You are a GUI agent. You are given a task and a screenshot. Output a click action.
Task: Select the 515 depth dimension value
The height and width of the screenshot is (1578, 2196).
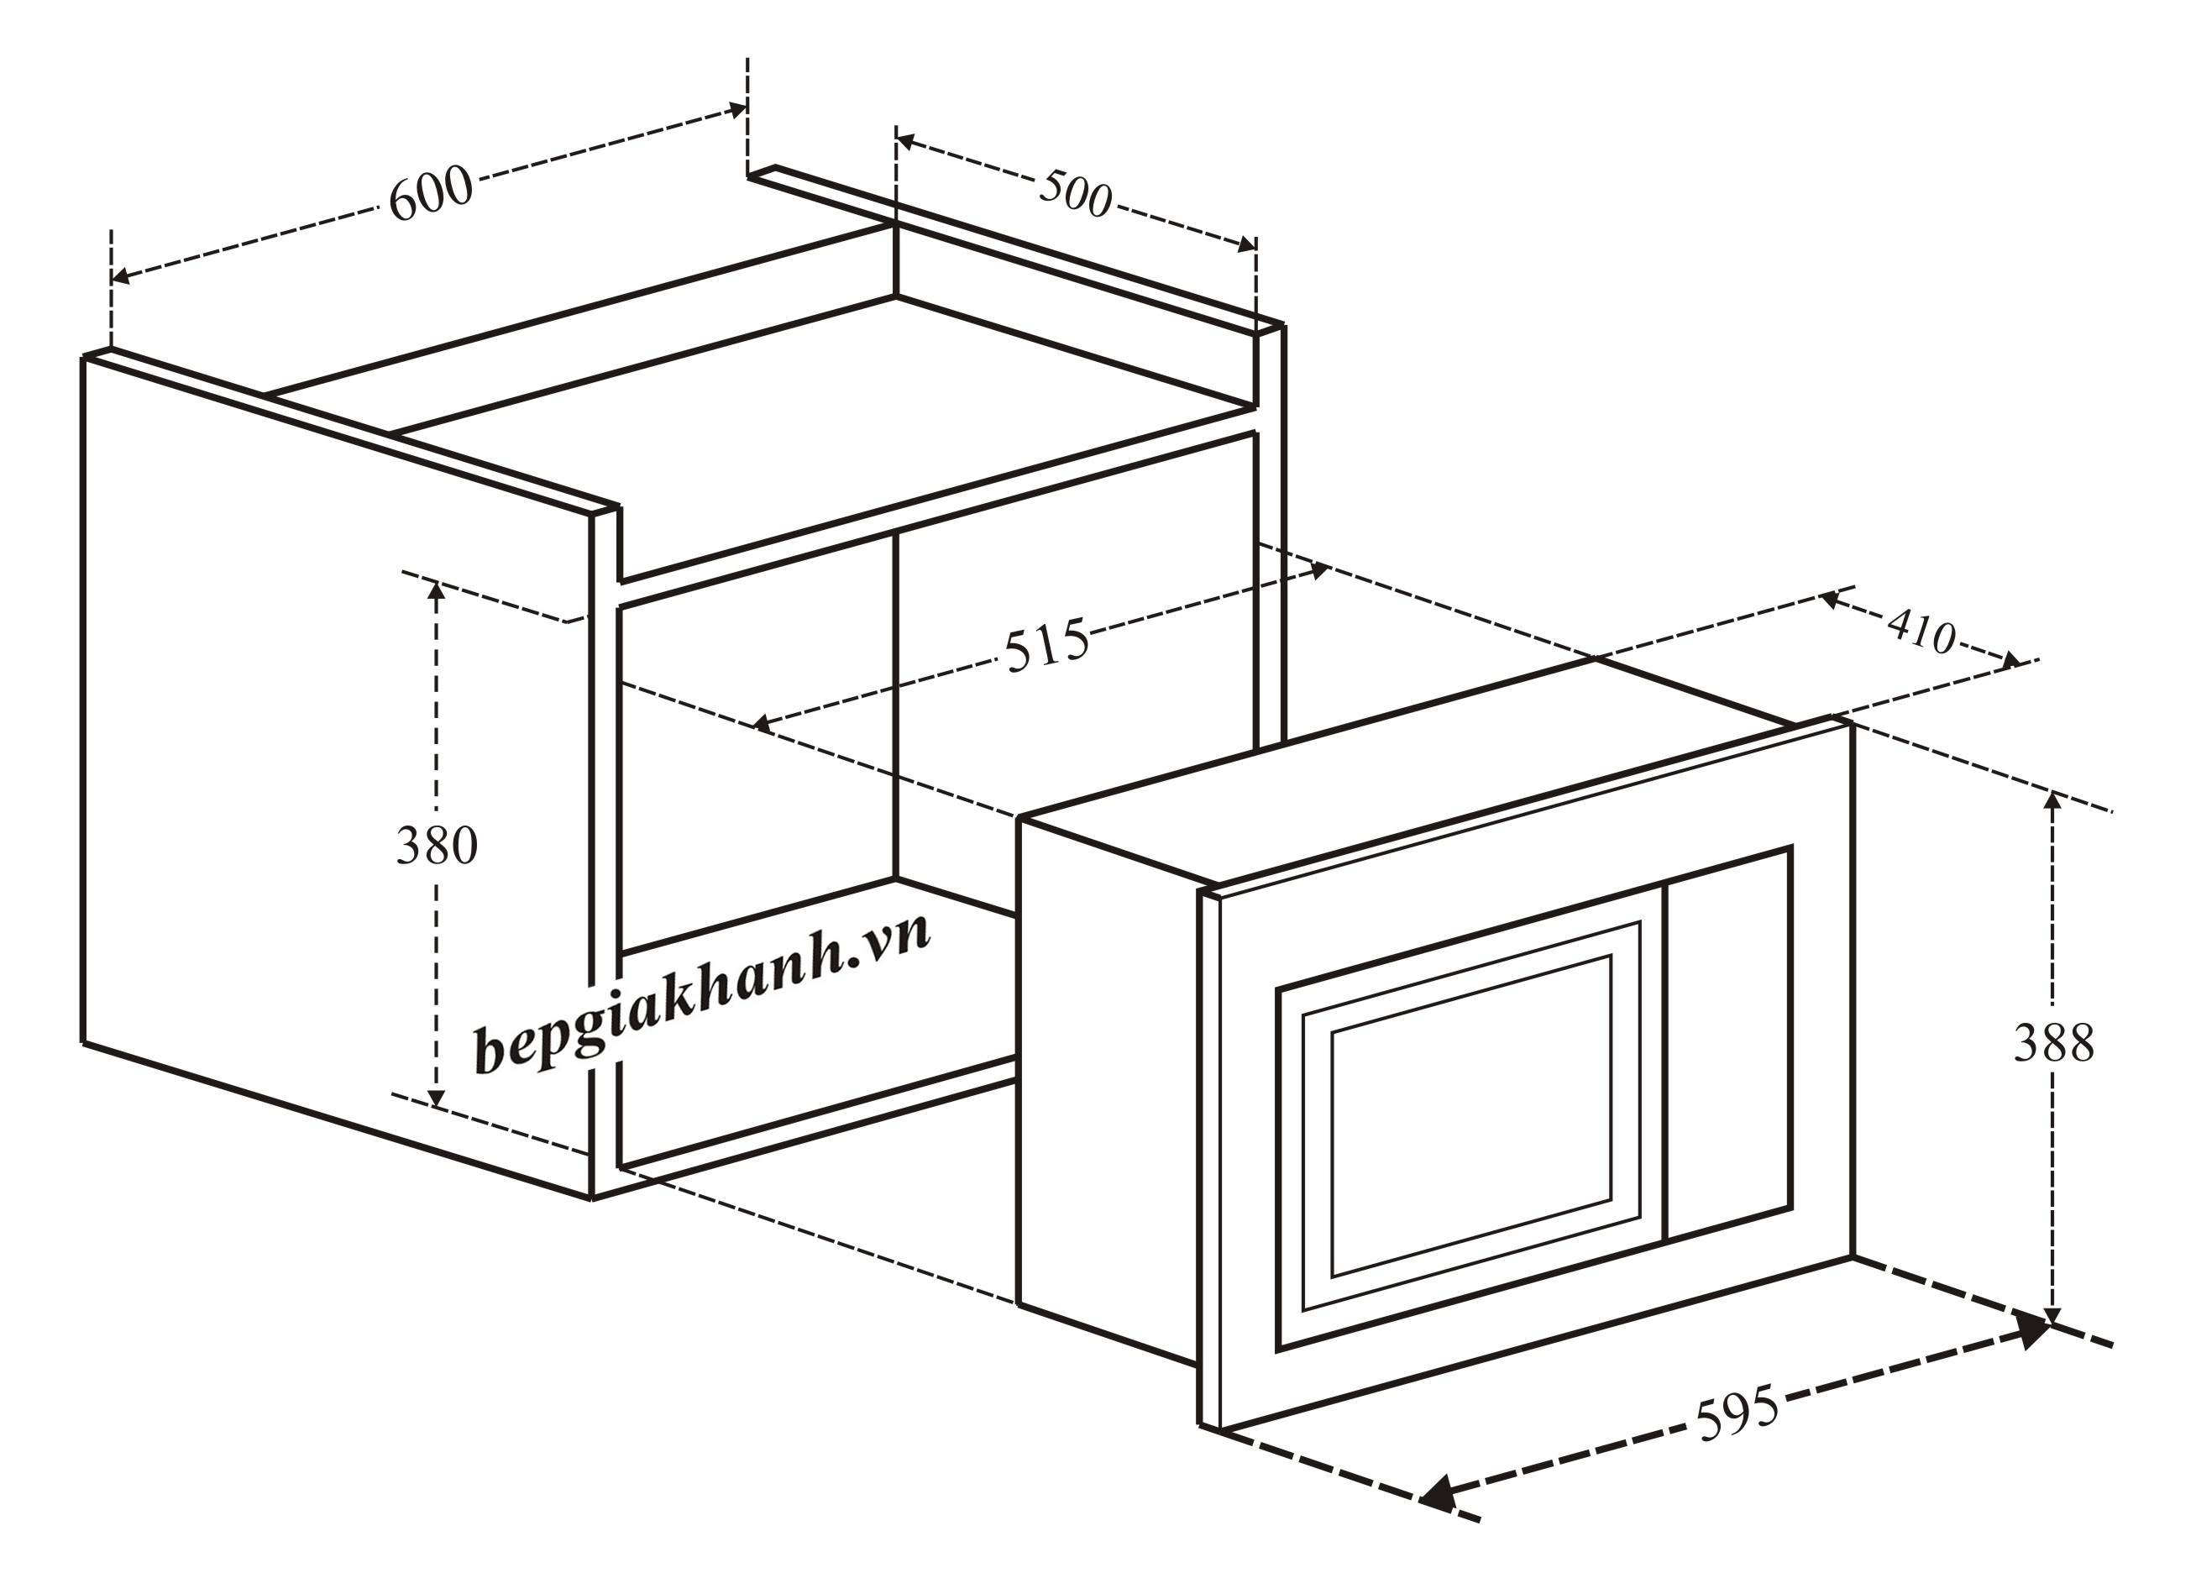coord(1046,645)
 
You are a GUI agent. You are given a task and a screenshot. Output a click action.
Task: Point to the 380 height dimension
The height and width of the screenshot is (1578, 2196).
coord(437,845)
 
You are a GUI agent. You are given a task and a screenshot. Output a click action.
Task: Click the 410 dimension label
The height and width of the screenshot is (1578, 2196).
coord(1922,632)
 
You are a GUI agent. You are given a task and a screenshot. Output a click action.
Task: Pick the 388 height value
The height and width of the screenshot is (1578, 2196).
coord(2054,1043)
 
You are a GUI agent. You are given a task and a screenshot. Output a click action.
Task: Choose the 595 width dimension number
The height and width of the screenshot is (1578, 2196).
coord(1737,1413)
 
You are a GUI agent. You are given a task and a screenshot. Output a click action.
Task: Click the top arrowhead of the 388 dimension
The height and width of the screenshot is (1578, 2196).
coord(2052,799)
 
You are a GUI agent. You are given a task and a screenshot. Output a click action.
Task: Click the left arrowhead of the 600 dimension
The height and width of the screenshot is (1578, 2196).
coord(120,277)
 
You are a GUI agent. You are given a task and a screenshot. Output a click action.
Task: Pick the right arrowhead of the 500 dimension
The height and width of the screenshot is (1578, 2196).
coord(1247,244)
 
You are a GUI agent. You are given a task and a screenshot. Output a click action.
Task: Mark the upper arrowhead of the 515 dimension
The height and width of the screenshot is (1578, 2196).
coord(1318,570)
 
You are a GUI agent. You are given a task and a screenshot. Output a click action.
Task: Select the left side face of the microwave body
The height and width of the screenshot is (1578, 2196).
coord(1108,1091)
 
